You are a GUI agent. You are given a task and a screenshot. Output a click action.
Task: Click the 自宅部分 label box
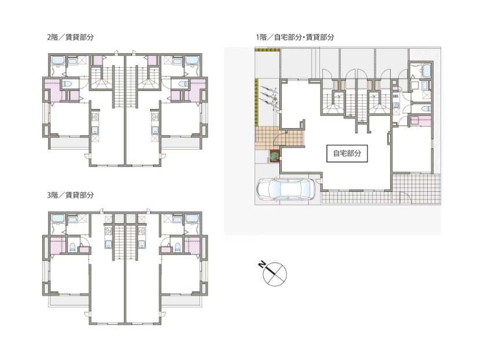coord(347,154)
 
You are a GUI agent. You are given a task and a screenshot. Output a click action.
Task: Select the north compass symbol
coord(275,272)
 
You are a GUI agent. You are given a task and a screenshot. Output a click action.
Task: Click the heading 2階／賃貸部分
coord(70,37)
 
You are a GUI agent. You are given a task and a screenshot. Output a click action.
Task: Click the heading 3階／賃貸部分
coord(70,195)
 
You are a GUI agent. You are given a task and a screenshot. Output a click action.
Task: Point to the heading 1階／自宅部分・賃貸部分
coord(295,37)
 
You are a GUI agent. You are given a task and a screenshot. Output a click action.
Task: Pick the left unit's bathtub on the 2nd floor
coord(58,61)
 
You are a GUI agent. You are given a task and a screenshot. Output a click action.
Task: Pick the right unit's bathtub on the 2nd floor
coord(192,61)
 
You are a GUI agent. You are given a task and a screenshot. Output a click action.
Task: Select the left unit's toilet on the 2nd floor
coord(67,84)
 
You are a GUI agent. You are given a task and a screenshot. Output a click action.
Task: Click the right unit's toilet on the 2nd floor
coord(184,84)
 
